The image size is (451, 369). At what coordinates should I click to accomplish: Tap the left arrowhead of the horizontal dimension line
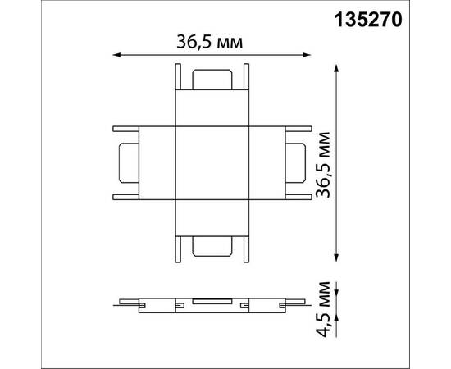click(x=115, y=56)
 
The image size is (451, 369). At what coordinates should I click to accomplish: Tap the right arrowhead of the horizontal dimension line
click(x=307, y=56)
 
